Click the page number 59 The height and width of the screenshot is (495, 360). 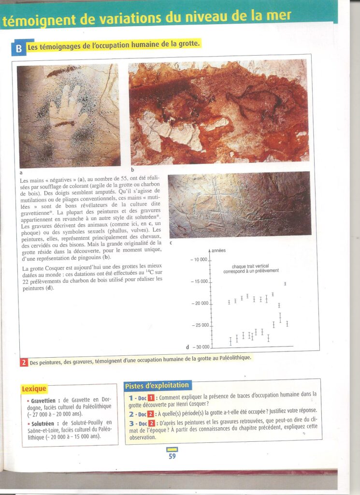(x=172, y=456)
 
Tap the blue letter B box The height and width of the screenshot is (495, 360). (x=18, y=48)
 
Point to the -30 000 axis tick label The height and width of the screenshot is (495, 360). (x=201, y=347)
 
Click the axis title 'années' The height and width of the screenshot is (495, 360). (x=219, y=250)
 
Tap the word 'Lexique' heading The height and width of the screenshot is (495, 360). (x=34, y=388)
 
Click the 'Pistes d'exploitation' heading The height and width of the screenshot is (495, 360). (x=157, y=385)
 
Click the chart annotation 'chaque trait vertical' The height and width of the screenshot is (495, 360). (x=252, y=267)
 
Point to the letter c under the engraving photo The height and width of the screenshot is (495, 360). (x=170, y=242)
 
